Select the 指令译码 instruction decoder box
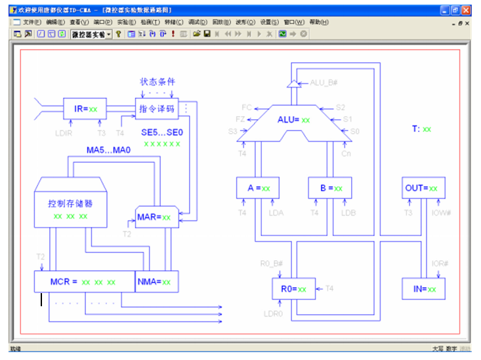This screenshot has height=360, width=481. pos(157,109)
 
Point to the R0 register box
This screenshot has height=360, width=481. pos(293,289)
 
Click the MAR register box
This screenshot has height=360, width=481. pos(157,216)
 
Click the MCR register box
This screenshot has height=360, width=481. pos(84,282)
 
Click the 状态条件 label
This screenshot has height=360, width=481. pos(157,82)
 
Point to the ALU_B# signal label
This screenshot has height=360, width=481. pos(323,83)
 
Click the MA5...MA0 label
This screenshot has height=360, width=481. pos(109,150)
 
